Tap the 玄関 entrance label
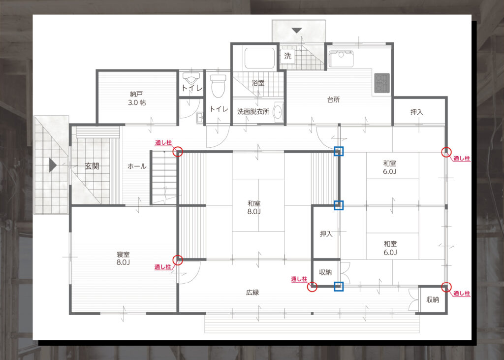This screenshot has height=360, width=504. [x=92, y=166]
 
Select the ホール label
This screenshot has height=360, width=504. [x=137, y=166]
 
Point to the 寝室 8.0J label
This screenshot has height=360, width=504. [x=123, y=259]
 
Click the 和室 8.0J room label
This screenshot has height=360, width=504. [x=254, y=207]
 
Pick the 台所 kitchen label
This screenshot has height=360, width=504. [x=333, y=100]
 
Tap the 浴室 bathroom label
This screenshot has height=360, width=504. [x=258, y=83]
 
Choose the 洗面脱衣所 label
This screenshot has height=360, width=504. [x=253, y=112]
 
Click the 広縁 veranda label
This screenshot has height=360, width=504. [x=252, y=293]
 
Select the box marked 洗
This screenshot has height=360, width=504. [x=287, y=56]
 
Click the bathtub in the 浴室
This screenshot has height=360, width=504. [x=260, y=58]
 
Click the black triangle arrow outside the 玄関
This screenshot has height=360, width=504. [x=53, y=165]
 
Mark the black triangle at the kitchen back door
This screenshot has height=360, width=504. [x=297, y=31]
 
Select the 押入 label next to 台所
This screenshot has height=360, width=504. [x=416, y=112]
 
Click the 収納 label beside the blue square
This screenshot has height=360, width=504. [x=325, y=272]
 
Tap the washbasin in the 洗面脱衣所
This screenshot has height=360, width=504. [x=278, y=112]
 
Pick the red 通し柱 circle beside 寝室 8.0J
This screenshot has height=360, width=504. [x=177, y=260]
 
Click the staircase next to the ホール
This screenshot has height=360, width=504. [x=164, y=177]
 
